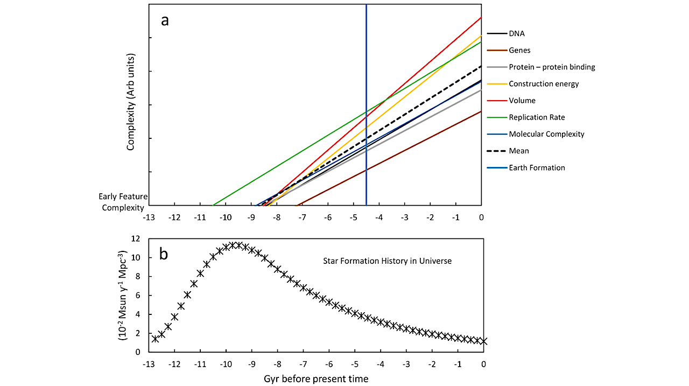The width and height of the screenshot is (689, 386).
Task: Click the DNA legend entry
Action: pos(517,33)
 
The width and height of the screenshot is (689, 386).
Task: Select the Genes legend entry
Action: pos(519,50)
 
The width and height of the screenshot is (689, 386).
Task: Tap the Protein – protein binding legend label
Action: pos(552,67)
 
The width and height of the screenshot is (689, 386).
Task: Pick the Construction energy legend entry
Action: pos(544,84)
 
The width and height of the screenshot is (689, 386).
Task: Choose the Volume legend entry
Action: pos(522,101)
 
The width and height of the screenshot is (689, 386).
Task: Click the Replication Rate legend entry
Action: pos(537,117)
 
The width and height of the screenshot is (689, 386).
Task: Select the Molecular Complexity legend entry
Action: pos(546,134)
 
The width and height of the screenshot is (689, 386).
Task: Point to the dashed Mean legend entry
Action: pos(519,151)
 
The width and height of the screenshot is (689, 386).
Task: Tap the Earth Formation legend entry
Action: pos(537,167)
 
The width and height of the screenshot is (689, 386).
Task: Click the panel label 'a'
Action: pos(165,20)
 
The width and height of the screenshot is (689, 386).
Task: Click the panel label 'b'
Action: pos(163,254)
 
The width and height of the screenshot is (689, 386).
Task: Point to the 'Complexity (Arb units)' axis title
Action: pos(131,102)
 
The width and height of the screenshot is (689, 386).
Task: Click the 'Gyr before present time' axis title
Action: pos(316,378)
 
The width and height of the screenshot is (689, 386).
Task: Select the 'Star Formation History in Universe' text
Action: pos(387,261)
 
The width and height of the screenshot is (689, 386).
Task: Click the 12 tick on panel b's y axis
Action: pos(137,238)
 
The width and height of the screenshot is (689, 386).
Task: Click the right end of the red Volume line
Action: pos(481,17)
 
